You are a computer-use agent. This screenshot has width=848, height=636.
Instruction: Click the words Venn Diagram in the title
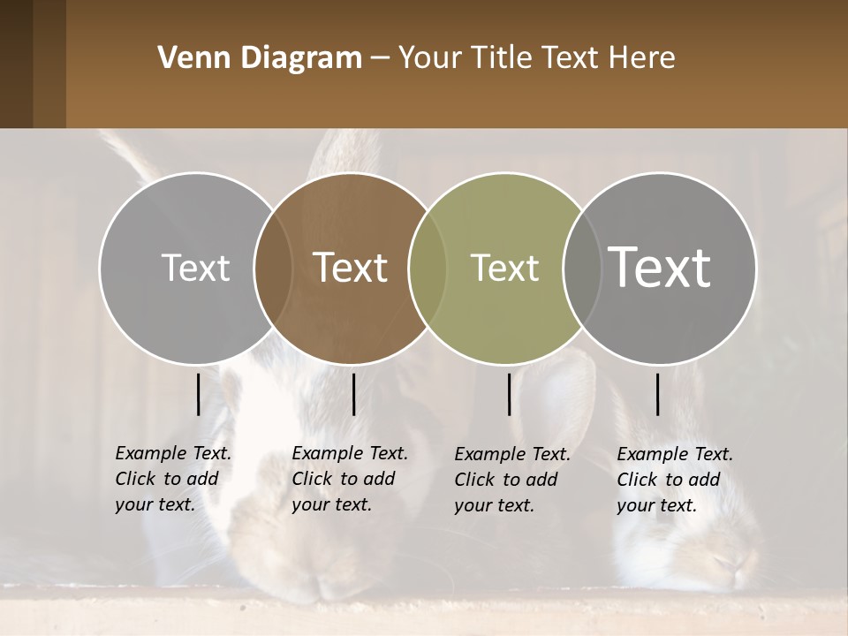tap(260, 58)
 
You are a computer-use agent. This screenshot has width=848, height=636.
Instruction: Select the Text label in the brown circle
tap(351, 267)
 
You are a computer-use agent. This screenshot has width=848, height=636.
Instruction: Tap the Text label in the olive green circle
tap(505, 268)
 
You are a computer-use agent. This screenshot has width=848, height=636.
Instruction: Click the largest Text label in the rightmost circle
tap(660, 267)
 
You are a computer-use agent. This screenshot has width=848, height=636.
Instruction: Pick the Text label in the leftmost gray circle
tap(196, 268)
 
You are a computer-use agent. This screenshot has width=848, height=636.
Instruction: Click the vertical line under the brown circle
tap(353, 394)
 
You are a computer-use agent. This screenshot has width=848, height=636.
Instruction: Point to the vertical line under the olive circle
tap(509, 394)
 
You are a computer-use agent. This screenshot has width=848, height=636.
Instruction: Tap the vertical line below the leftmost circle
tap(198, 394)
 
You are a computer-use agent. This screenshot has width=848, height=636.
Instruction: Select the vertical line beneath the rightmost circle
tap(658, 394)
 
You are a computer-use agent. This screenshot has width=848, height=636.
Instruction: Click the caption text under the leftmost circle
tap(173, 479)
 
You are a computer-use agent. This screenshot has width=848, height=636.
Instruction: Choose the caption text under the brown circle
tap(350, 479)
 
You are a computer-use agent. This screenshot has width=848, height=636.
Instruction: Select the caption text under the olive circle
tap(512, 480)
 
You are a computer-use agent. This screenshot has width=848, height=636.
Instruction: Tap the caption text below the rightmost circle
tap(675, 480)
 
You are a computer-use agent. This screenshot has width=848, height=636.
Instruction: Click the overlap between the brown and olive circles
tap(420, 268)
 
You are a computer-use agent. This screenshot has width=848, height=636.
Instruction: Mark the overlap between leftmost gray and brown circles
tap(273, 268)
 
